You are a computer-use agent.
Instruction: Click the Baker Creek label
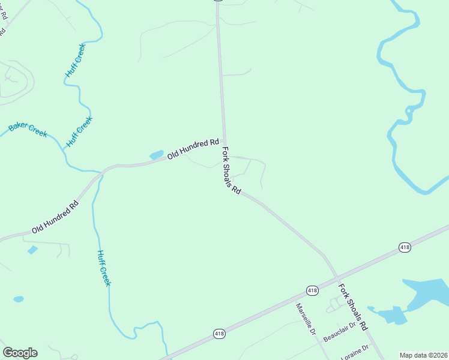[28, 130]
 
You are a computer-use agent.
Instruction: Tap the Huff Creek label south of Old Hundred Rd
[104, 268]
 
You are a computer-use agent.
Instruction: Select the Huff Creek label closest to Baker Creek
[79, 131]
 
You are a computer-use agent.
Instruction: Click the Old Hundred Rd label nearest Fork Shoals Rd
[193, 148]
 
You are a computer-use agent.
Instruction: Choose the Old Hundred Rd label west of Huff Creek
[55, 217]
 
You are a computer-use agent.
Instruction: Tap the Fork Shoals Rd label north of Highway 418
[231, 170]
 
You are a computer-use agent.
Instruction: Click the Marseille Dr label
[306, 318]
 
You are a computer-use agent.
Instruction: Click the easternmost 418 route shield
[405, 247]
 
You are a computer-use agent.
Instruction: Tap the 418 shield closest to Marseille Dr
[312, 290]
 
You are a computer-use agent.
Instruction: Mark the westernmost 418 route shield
[219, 334]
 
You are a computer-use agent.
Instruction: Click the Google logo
[20, 353]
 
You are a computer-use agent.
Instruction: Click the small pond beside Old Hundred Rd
[156, 155]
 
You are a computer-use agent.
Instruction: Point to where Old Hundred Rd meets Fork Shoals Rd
[224, 141]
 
